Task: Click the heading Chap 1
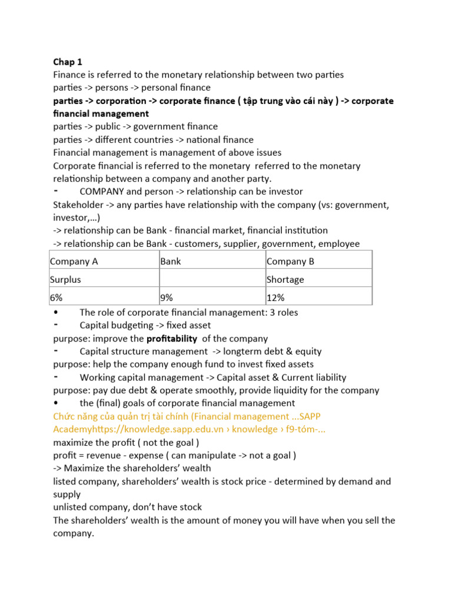point(68,62)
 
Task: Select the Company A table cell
point(70,262)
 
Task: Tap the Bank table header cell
point(170,262)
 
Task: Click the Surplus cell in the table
point(65,280)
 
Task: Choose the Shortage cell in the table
point(285,280)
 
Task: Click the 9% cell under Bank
point(167,298)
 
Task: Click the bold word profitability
point(171,339)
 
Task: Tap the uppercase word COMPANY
point(102,192)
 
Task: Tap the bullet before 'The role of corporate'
point(55,312)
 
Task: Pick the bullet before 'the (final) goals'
point(55,403)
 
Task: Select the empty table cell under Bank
point(211,280)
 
